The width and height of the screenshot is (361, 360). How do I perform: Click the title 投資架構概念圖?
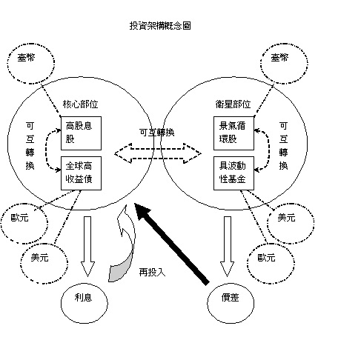[x=161, y=26]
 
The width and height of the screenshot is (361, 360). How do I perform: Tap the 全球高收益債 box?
[x=81, y=172]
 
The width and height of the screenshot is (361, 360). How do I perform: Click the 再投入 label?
[x=153, y=272]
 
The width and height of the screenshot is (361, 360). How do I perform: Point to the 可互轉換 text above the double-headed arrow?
[x=156, y=133]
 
